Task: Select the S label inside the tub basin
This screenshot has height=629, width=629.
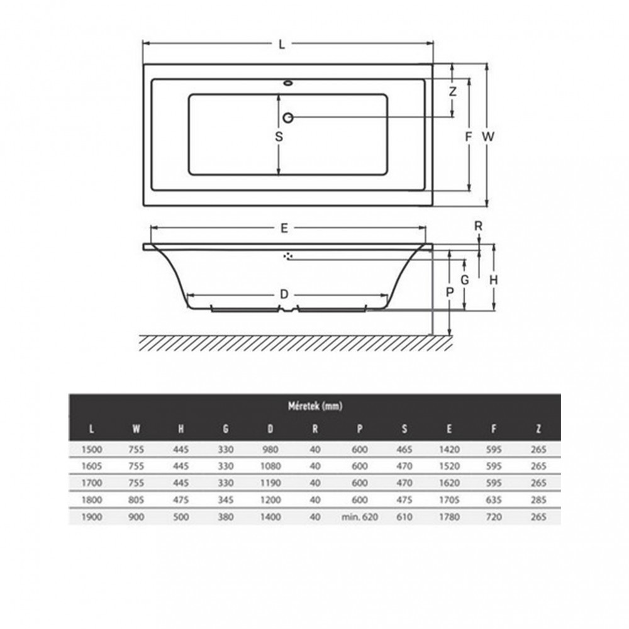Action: [279, 136]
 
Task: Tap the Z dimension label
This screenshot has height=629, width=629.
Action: [452, 91]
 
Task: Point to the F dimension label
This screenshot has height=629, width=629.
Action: [468, 136]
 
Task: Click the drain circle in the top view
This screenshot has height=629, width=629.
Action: [288, 117]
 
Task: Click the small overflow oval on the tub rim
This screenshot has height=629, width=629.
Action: [289, 82]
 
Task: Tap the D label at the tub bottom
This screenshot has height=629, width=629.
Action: [284, 294]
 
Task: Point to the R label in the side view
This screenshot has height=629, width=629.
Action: [479, 225]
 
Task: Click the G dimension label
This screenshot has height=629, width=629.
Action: [464, 281]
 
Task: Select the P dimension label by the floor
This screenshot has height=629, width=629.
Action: [449, 291]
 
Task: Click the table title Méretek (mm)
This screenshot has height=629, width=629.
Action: [315, 406]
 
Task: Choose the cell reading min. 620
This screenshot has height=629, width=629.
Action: [360, 517]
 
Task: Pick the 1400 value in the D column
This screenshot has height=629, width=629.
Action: [270, 517]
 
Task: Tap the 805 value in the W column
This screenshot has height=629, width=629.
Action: [136, 500]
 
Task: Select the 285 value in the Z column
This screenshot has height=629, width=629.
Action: [538, 500]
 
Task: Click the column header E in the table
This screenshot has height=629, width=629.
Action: [448, 430]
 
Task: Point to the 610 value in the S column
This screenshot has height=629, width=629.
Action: [404, 517]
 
